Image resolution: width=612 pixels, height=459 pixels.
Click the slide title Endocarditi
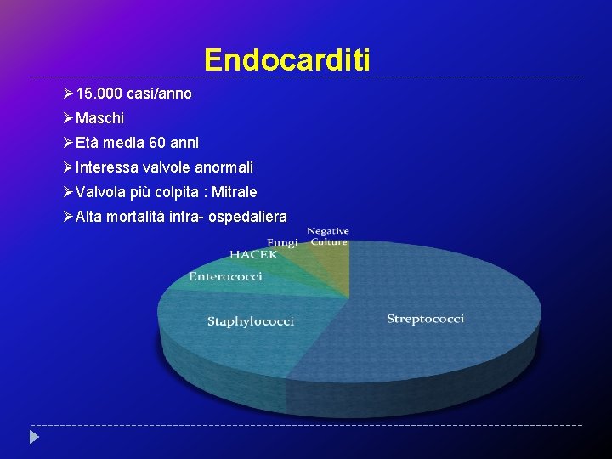pos(287,59)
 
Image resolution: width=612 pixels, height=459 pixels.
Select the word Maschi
pos(99,118)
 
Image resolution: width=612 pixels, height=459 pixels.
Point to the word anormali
pos(225,167)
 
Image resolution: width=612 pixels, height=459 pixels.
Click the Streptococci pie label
pos(425,319)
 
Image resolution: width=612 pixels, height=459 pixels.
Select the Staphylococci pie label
pos(251,321)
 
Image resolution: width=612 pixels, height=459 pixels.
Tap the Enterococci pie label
pos(225,276)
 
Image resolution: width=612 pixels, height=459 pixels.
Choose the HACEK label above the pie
pos(253,255)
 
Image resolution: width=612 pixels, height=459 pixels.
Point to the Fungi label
pos(282,243)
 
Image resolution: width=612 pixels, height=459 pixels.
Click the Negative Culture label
pos(328,236)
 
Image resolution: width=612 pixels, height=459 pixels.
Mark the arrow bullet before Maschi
pos(68,118)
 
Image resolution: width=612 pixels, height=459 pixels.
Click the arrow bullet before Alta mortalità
pos(68,217)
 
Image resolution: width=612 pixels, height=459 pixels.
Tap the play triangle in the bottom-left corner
pos(34,438)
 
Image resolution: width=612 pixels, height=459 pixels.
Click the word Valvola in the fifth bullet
pos(99,192)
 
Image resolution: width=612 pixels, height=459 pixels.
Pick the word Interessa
pos(105,167)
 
